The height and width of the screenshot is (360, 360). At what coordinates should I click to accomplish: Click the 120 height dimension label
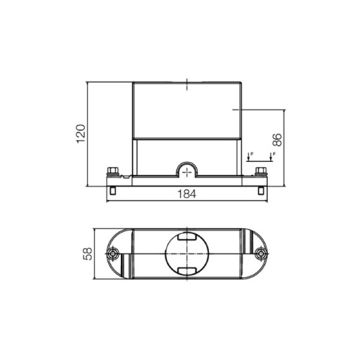pyautogui.click(x=81, y=133)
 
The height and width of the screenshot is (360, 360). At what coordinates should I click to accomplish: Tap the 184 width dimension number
pyautogui.click(x=186, y=194)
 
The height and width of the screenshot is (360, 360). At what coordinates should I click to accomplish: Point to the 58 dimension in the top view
pyautogui.click(x=87, y=255)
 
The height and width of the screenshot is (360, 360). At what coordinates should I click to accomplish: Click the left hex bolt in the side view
pyautogui.click(x=113, y=171)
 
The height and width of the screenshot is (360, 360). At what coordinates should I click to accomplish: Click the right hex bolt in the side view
pyautogui.click(x=261, y=171)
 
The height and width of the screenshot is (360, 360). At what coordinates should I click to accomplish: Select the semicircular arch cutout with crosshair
pyautogui.click(x=186, y=171)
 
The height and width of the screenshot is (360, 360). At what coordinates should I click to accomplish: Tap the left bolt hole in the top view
pyautogui.click(x=112, y=255)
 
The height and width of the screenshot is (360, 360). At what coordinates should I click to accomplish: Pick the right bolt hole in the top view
pyautogui.click(x=261, y=255)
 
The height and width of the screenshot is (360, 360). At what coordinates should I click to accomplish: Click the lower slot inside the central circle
pyautogui.click(x=186, y=271)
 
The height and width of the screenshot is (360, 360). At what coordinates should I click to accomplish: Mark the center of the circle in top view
pyautogui.click(x=186, y=255)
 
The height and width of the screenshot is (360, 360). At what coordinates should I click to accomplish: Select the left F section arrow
pyautogui.click(x=248, y=156)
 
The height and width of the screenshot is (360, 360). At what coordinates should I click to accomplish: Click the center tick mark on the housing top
pyautogui.click(x=186, y=84)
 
